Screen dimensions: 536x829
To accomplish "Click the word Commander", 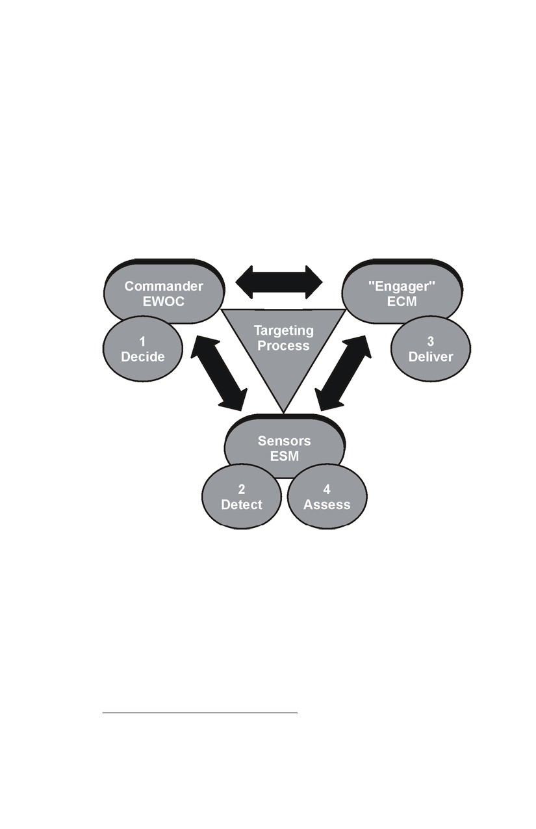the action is click(164, 286).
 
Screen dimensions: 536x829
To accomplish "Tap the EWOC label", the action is click(164, 302).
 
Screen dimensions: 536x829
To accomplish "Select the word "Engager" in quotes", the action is click(402, 287).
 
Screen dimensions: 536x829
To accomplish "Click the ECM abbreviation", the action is click(402, 302).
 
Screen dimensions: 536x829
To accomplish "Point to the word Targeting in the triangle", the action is click(284, 330).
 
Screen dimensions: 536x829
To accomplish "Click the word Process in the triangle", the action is click(283, 346).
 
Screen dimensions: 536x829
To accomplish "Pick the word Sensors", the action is click(284, 441).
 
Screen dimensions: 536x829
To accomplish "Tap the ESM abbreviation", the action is click(284, 456).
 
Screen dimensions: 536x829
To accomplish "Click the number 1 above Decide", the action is click(142, 341).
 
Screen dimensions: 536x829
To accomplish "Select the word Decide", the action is click(143, 357).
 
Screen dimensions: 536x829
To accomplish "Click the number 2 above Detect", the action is click(242, 489).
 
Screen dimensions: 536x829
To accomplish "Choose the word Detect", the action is click(242, 505).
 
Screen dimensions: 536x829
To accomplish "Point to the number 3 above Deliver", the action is click(431, 341).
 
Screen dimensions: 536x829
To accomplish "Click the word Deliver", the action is click(431, 357).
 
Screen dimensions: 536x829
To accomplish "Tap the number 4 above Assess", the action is click(327, 489).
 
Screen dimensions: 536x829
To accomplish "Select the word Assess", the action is click(327, 505).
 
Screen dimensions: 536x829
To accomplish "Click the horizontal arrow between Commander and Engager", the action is click(279, 282).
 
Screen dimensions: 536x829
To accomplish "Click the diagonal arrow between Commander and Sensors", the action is click(219, 373).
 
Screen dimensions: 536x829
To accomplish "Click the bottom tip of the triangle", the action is click(283, 413).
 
